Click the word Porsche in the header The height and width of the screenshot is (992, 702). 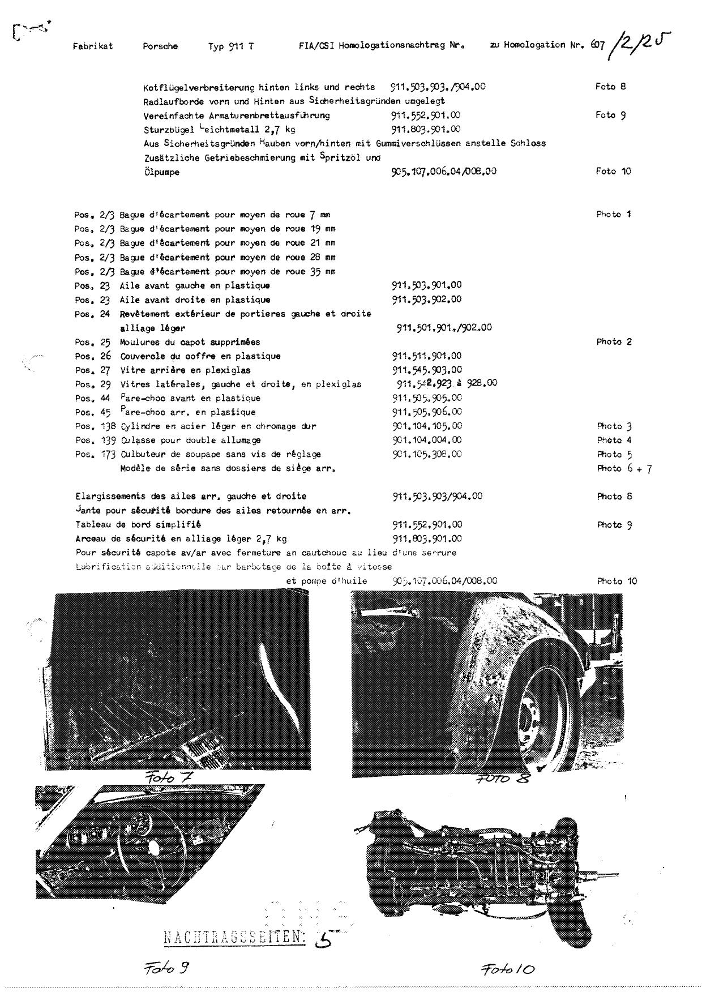pos(160,46)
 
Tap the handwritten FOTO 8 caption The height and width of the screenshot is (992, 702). pos(502,779)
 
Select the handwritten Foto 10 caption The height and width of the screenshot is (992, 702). pos(508,969)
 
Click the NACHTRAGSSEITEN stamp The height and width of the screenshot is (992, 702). pos(234,938)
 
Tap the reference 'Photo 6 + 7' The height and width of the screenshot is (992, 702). pos(624,468)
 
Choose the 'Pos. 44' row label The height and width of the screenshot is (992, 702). pos(92,398)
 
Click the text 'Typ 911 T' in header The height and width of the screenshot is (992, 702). pos(231,46)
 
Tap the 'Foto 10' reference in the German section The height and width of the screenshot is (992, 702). pos(613,171)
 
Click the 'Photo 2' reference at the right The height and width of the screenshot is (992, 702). pos(614,342)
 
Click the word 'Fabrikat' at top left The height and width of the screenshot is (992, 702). pos(93,46)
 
